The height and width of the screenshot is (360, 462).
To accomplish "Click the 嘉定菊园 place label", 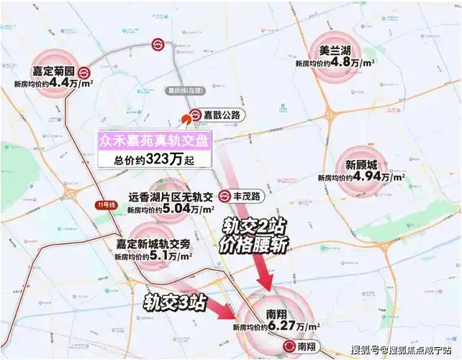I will tap(54, 73).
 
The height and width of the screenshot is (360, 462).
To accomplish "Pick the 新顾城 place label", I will tap(361, 163).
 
